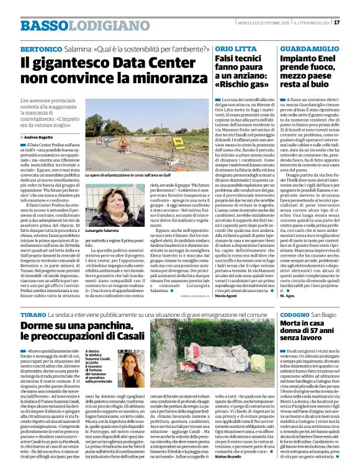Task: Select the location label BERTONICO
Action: point(40,48)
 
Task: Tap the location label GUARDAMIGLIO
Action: point(308,48)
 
